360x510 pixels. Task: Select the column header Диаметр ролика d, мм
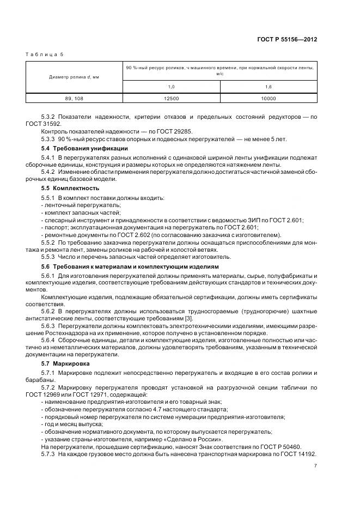pos(74,77)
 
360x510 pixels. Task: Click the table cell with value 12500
pos(171,98)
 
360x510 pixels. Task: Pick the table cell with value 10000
pos(269,98)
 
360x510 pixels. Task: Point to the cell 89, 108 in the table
pos(74,98)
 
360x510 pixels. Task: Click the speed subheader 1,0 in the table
pos(171,86)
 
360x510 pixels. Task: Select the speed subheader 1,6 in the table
pos(269,86)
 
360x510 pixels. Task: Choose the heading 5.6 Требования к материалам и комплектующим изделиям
pos(130,266)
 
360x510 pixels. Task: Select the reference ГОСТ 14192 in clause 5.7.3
pos(300,454)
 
